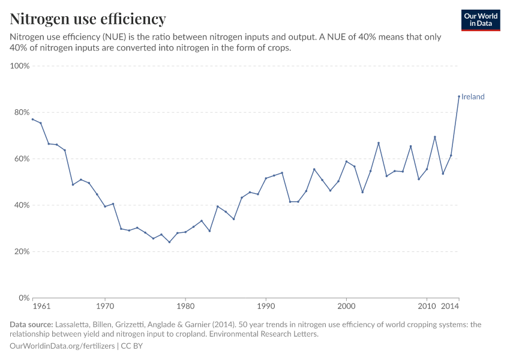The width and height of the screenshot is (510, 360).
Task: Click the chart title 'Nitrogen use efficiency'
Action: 88,19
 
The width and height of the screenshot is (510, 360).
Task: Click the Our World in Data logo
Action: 481,20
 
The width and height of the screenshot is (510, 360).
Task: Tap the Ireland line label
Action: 473,97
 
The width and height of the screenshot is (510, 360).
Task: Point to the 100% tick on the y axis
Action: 20,66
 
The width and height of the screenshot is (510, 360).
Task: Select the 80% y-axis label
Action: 22,112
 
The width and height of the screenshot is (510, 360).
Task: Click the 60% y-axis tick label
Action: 22,159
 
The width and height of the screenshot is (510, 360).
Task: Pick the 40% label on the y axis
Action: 22,205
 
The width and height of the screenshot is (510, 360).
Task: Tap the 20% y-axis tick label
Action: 22,251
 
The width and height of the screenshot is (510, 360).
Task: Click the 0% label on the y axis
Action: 24,298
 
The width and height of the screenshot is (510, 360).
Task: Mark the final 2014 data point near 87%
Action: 459,96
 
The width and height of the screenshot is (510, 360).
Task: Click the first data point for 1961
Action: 33,119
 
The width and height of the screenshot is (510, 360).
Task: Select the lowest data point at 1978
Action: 169,242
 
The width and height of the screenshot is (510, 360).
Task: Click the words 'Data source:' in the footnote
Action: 31,325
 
